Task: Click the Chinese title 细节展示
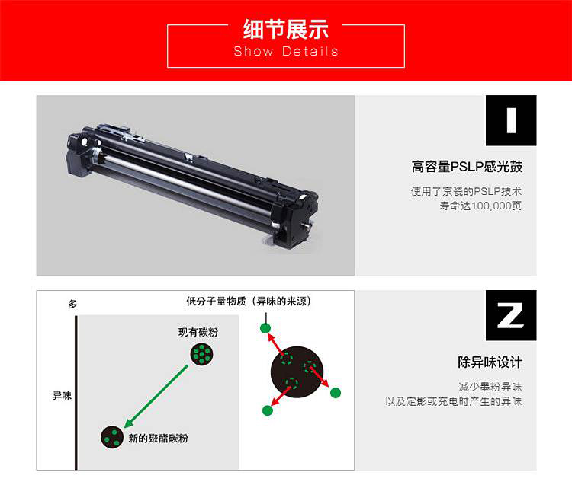click(286, 29)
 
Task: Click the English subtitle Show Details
click(286, 51)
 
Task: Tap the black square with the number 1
click(511, 120)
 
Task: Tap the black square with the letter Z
click(511, 315)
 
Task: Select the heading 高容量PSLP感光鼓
click(467, 167)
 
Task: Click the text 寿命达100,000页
click(480, 206)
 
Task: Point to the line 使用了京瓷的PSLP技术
click(467, 191)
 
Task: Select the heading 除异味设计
click(490, 362)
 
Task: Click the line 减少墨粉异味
click(490, 387)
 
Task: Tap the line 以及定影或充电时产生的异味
click(454, 401)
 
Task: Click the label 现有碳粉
click(198, 332)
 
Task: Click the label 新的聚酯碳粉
click(158, 438)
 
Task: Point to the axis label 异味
click(62, 395)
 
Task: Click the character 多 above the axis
click(72, 304)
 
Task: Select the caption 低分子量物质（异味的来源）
click(249, 301)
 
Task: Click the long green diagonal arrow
click(156, 397)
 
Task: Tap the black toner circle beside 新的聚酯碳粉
click(112, 437)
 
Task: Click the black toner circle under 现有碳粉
click(202, 354)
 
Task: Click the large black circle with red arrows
click(297, 372)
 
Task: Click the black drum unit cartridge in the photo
click(192, 186)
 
